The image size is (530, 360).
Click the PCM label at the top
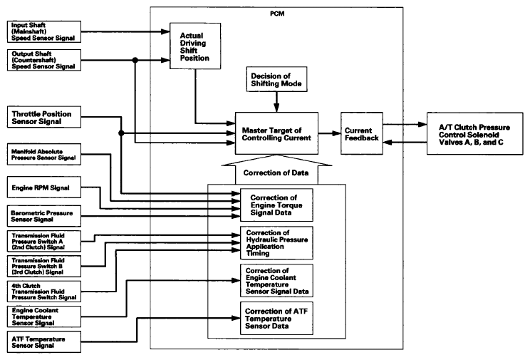[x=277, y=14]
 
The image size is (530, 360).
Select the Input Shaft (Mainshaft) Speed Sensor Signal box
[x=44, y=32]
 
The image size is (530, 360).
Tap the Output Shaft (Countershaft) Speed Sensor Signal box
[x=44, y=60]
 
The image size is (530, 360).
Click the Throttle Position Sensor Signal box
[x=44, y=117]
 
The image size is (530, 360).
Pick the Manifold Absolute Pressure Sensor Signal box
[x=44, y=154]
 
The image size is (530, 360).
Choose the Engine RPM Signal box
[x=44, y=187]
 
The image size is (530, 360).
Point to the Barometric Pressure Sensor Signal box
[x=44, y=216]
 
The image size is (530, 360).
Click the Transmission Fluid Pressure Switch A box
[x=44, y=241]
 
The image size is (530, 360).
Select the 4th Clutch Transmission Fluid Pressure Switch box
[x=44, y=292]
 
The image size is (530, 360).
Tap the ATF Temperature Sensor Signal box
[x=44, y=341]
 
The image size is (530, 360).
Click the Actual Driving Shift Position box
[x=195, y=46]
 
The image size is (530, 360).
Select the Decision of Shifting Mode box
[x=277, y=79]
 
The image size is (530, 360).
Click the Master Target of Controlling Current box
[x=276, y=133]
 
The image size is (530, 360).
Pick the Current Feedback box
[x=362, y=133]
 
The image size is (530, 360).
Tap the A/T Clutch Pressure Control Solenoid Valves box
[x=474, y=133]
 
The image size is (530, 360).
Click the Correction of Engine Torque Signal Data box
[x=276, y=205]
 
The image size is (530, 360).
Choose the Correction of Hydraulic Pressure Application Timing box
[x=276, y=243]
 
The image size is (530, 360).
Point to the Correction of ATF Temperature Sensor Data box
[x=276, y=319]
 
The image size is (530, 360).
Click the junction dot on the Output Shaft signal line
[x=135, y=60]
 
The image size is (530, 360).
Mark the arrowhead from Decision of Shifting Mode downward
[x=276, y=108]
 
